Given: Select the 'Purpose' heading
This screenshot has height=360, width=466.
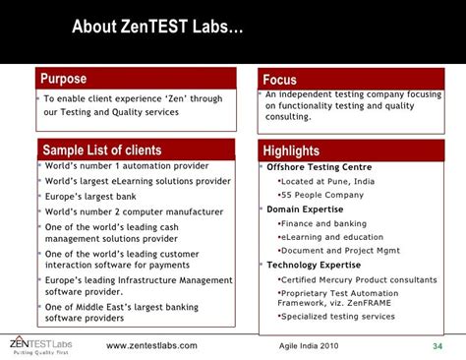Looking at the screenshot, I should coord(64,79).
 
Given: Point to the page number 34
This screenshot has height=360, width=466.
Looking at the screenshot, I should coord(437,346).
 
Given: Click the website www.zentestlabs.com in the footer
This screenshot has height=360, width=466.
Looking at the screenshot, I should coord(151,346).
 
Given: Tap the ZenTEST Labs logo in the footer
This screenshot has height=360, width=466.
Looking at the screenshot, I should coord(43,344).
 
